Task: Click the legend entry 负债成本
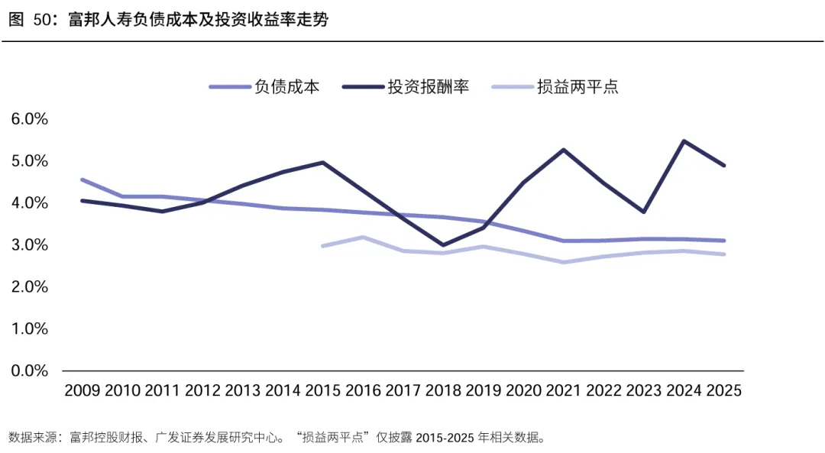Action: [264, 87]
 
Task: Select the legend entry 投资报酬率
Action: [406, 87]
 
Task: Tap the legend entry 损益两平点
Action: [555, 87]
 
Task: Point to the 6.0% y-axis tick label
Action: [30, 119]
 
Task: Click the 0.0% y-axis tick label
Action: [30, 370]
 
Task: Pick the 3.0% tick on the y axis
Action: [30, 244]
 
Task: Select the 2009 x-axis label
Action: [82, 390]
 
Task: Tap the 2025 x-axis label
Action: [724, 390]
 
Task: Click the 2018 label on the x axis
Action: [443, 390]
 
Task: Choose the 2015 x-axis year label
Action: [322, 390]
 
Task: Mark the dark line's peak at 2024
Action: [684, 141]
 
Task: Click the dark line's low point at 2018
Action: [443, 245]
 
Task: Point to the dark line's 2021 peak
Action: [564, 150]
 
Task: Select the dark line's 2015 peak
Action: [322, 163]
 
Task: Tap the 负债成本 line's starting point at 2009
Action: [82, 180]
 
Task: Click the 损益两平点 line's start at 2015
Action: [322, 246]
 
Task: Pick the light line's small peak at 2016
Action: [363, 238]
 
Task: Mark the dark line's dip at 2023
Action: [643, 212]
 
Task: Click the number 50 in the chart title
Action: [43, 19]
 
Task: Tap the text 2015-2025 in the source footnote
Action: [445, 437]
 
